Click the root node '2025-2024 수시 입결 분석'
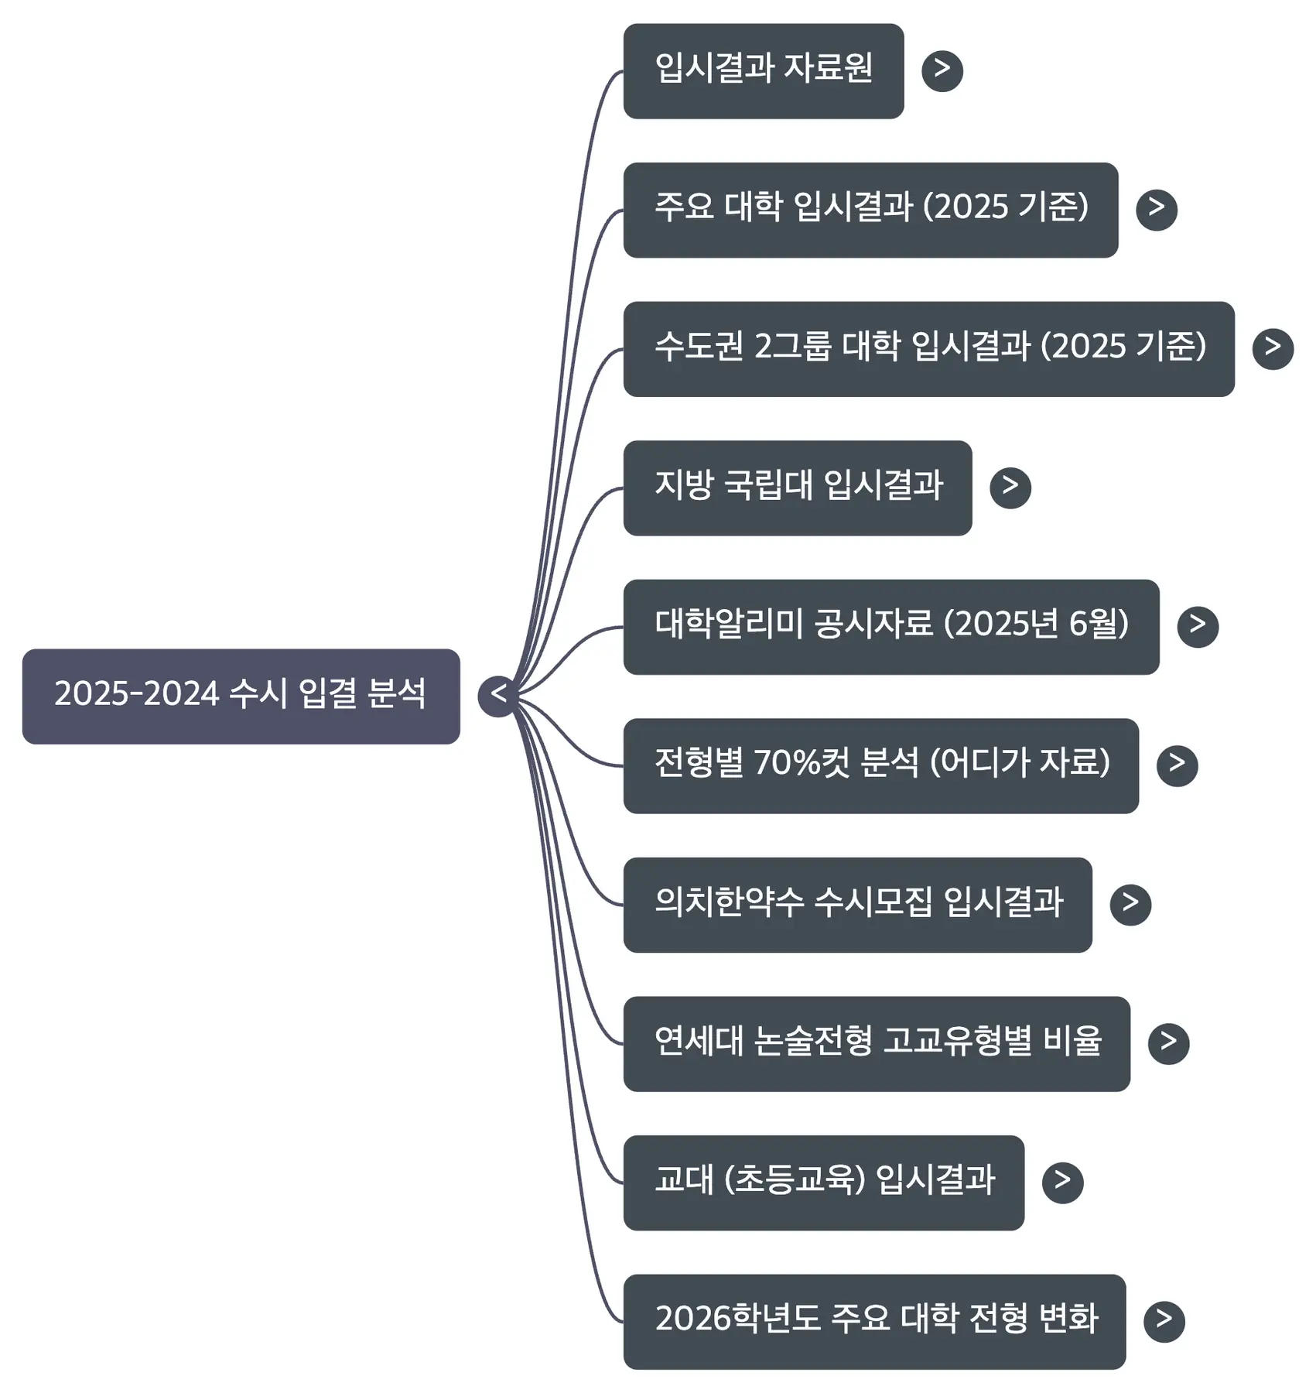coord(241,696)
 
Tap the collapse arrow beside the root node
coord(497,696)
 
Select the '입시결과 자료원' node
coord(763,71)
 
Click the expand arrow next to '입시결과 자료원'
coord(942,71)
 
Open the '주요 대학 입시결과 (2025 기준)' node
coord(870,210)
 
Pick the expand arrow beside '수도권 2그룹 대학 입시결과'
coord(1273,349)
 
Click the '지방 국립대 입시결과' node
coord(797,488)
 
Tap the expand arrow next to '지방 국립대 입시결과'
coord(1010,488)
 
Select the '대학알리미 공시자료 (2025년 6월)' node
coord(890,627)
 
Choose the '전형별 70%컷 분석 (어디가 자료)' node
coord(880,765)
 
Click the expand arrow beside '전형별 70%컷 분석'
coord(1177,765)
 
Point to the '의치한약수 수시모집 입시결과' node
coord(857,905)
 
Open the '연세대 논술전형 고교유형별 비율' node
coord(877,1043)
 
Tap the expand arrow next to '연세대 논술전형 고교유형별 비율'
coord(1168,1043)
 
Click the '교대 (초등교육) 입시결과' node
coord(823,1183)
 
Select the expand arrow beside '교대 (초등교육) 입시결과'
coord(1062,1183)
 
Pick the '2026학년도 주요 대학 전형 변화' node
coord(874,1321)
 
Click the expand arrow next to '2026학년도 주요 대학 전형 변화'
coord(1164,1321)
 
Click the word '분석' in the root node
coord(396,693)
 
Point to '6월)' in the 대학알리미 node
coord(1098,624)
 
